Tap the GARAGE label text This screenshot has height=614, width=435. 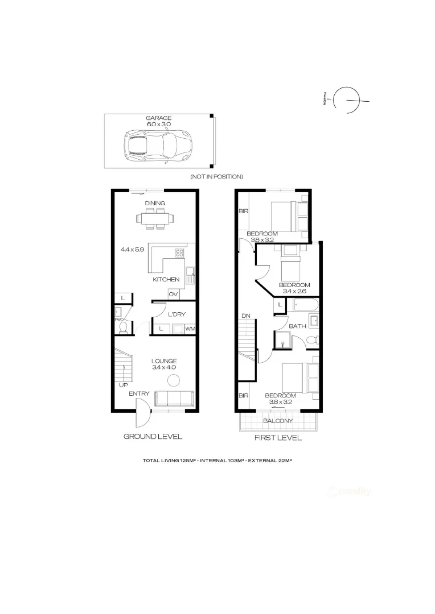click(158, 118)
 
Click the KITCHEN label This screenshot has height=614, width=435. click(166, 280)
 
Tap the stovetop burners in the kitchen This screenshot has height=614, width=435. click(179, 254)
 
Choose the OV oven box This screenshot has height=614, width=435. click(173, 294)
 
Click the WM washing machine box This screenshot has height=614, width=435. click(189, 329)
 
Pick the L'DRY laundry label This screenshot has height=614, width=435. click(177, 314)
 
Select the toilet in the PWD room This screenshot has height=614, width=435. click(122, 327)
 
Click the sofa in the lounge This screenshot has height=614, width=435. click(174, 398)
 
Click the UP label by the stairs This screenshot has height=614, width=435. click(123, 385)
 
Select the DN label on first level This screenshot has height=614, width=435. click(245, 316)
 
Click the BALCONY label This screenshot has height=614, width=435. click(278, 421)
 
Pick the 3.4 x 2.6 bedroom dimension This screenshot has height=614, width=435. click(294, 291)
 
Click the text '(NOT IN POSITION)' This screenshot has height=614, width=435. click(216, 177)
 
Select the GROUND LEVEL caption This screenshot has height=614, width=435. click(153, 437)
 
